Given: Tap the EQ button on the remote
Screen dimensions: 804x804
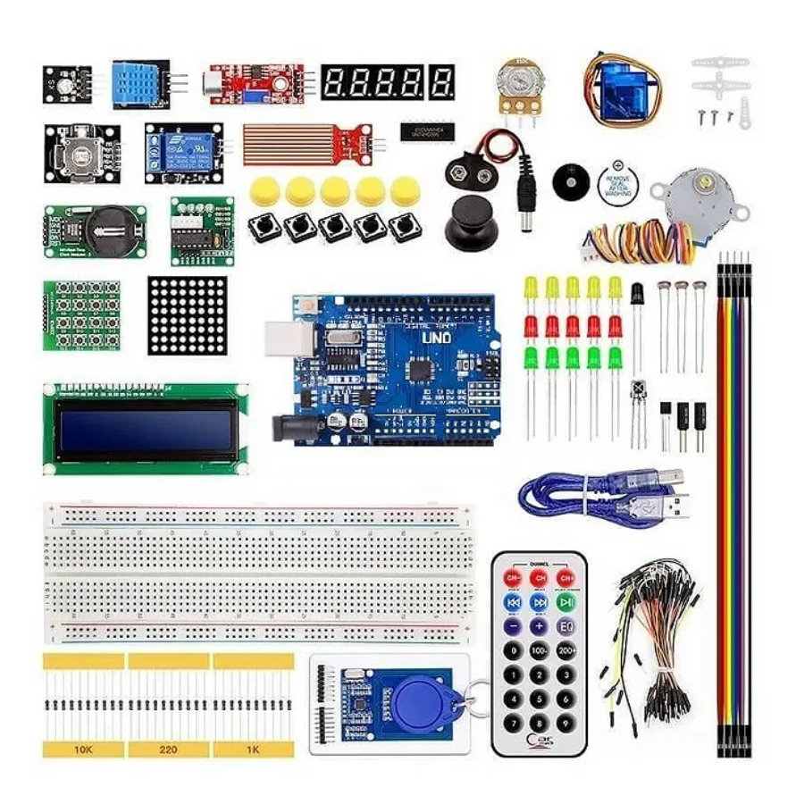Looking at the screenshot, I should [565, 626].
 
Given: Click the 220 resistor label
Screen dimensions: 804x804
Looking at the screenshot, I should [167, 749].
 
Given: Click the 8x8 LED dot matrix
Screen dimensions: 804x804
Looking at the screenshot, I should [188, 314].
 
